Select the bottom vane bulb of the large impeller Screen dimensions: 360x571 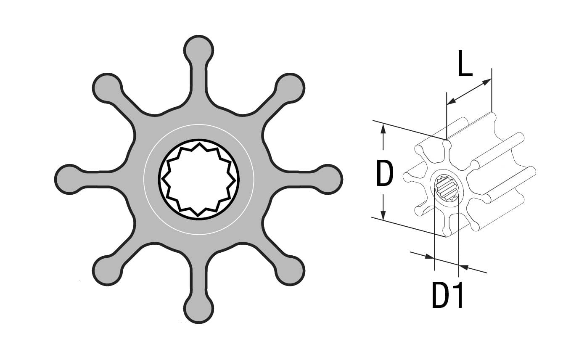pos(198,310)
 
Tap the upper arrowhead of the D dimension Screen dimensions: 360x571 pos(383,128)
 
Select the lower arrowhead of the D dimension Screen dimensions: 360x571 pos(383,214)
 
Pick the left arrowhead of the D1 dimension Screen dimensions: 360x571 pos(429,256)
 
